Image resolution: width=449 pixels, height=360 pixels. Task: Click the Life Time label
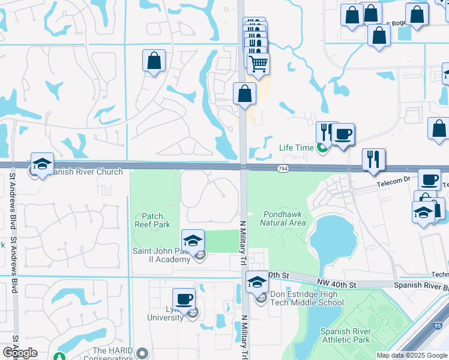297,148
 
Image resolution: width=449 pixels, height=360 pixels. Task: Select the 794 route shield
282,169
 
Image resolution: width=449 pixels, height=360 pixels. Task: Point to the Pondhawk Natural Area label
283,218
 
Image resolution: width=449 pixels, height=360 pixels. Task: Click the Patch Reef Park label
156,220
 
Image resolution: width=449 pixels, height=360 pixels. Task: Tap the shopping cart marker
258,63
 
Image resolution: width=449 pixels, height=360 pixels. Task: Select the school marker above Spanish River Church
42,163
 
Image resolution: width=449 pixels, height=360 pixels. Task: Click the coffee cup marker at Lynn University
184,298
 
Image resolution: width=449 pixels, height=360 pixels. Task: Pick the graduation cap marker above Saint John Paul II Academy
192,241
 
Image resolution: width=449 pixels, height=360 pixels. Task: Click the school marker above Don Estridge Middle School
257,282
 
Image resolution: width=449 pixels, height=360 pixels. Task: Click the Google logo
20,353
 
